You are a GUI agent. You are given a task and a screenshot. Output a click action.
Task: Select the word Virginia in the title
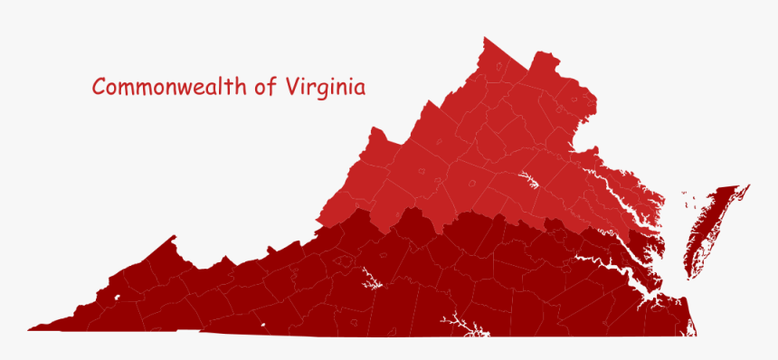(x=325, y=89)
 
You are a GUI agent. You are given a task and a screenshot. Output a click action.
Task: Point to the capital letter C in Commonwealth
(x=100, y=88)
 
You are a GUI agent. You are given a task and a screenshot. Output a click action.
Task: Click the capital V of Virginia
(x=292, y=88)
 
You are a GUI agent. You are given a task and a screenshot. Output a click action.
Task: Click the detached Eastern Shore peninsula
(x=707, y=231)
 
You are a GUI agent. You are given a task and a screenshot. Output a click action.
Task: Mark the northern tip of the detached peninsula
(x=748, y=186)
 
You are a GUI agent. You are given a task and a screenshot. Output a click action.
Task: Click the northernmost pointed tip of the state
(x=485, y=38)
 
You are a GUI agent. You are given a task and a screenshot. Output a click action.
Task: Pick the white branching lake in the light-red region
(x=528, y=180)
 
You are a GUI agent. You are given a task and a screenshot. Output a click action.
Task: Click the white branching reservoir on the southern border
(x=459, y=325)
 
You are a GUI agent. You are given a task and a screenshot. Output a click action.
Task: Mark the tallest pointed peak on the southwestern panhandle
(x=173, y=238)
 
